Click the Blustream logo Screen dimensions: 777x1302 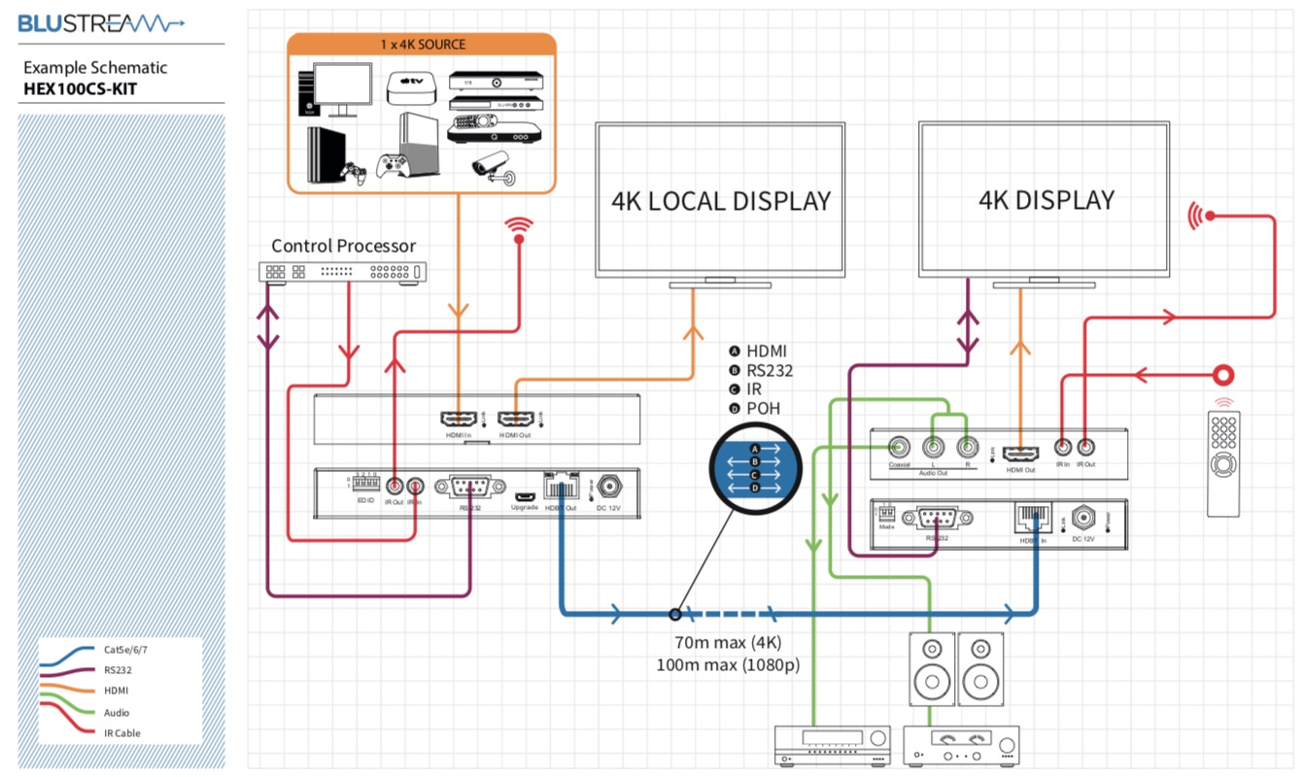(102, 23)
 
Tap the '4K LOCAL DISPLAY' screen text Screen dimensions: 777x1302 (721, 201)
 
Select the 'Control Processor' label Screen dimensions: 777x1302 (343, 246)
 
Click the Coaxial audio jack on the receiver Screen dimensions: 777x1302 (899, 447)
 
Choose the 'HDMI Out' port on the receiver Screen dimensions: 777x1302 (1020, 453)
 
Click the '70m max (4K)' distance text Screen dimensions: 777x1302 (728, 643)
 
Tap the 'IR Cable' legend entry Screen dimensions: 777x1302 (121, 733)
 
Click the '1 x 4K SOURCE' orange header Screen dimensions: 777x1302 (422, 44)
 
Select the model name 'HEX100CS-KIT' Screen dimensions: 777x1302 (81, 89)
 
